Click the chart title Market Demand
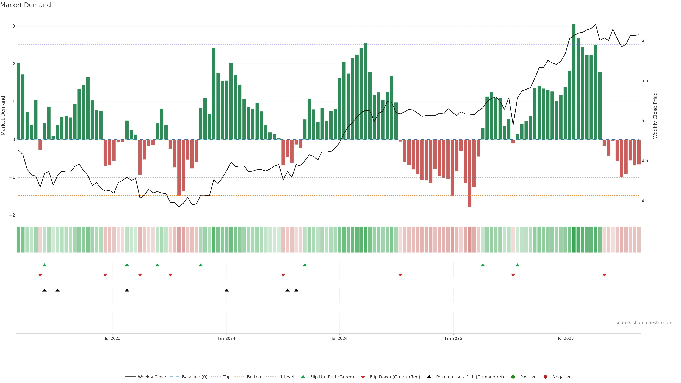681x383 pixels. click(25, 5)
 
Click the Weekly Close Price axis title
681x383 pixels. click(655, 115)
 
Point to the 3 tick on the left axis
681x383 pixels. click(13, 26)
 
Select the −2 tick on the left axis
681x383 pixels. click(12, 215)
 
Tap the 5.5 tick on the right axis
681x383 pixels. click(644, 80)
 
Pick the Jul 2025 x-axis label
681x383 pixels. click(566, 338)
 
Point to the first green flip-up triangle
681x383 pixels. click(44, 265)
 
